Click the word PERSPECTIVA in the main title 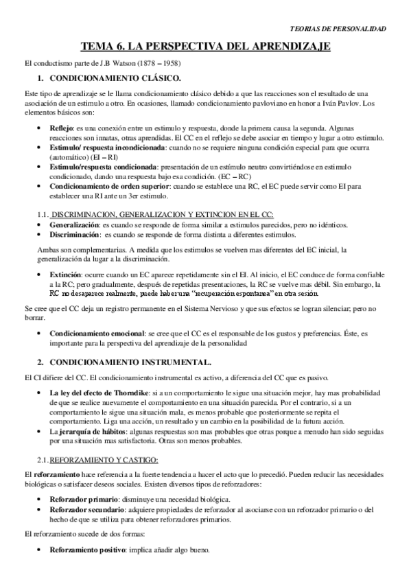point(205,46)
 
